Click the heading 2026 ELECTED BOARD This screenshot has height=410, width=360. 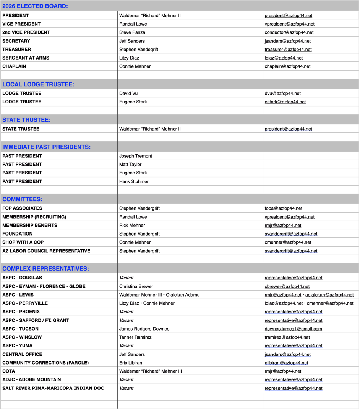point(35,6)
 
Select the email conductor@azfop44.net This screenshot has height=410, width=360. point(289,32)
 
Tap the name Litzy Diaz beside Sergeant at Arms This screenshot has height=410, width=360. point(129,58)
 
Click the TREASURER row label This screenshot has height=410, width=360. point(17,50)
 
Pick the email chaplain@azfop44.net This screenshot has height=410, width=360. point(287,66)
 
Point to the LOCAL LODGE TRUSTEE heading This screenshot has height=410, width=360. point(38,84)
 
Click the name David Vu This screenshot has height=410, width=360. point(128,94)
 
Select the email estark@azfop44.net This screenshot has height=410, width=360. point(285,102)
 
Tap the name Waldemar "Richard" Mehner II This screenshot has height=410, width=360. point(150,129)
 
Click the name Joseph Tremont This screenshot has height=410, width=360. point(136,156)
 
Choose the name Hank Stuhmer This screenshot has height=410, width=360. point(134,182)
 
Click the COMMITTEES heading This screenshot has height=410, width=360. point(22,199)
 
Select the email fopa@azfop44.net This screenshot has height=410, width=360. point(283,208)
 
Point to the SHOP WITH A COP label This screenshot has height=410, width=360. point(23,242)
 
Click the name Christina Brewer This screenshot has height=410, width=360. point(136,287)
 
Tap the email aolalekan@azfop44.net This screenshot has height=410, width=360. point(329,295)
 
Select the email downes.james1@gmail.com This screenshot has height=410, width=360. point(293,329)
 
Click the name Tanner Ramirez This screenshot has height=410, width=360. point(135,337)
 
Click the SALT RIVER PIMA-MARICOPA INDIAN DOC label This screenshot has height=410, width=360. point(53,388)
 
